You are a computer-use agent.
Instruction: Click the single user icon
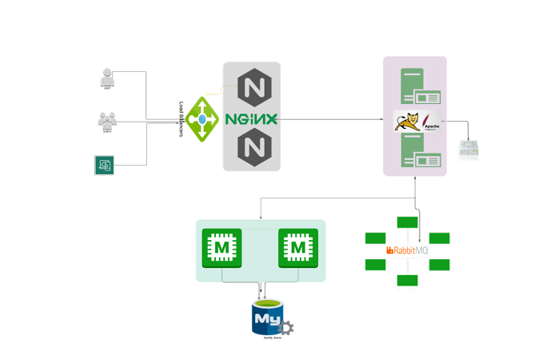106,78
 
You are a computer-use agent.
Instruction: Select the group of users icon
106,120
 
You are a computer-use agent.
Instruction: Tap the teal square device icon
105,165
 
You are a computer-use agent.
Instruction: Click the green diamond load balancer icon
202,119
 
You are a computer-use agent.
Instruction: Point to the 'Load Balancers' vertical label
182,119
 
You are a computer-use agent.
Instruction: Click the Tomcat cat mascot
408,121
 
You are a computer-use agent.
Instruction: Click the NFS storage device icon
468,148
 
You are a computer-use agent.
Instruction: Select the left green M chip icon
221,249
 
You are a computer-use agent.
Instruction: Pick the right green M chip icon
298,249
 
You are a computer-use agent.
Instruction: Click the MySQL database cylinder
266,318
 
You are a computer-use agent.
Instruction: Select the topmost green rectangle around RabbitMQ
408,222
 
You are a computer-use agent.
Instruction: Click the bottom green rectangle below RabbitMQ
408,280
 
